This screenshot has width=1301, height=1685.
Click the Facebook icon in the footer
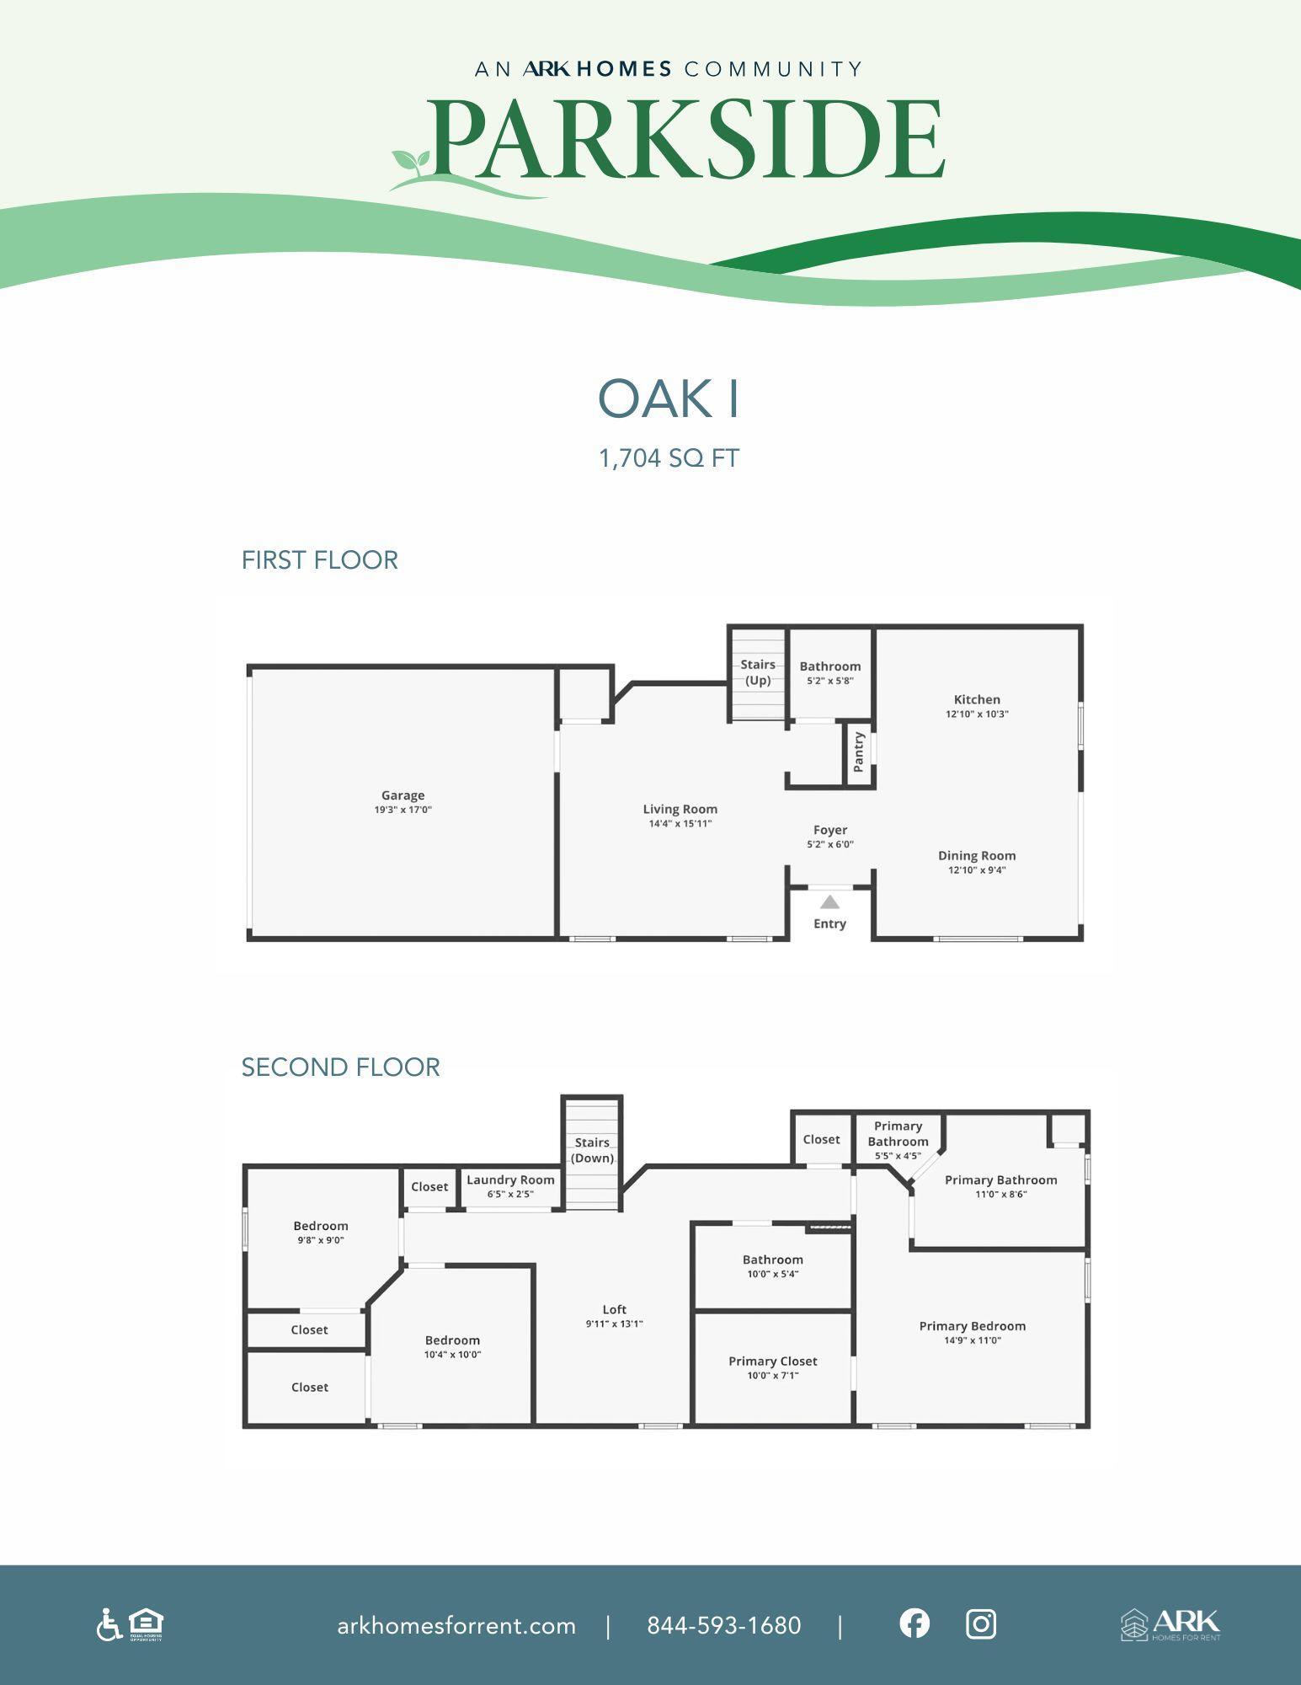tap(914, 1623)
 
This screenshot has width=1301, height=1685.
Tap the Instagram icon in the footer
tap(980, 1623)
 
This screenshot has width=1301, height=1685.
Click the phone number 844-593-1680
tap(723, 1625)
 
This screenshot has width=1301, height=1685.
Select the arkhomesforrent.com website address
tap(456, 1625)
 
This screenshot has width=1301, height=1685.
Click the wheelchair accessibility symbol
tap(108, 1624)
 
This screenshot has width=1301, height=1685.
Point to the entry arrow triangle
tap(829, 902)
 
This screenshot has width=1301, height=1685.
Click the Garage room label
tap(403, 795)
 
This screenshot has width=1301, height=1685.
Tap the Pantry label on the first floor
tap(859, 752)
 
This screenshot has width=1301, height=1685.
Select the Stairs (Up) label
tap(758, 672)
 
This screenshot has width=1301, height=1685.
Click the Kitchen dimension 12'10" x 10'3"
tap(977, 714)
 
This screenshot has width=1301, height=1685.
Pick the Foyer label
tap(829, 830)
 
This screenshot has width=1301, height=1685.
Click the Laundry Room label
tap(510, 1179)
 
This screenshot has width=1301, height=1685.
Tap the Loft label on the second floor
tap(614, 1309)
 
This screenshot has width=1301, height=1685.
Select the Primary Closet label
tap(772, 1361)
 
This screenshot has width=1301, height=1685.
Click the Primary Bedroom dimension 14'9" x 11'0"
tap(973, 1340)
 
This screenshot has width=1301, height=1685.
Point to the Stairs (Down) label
tap(592, 1150)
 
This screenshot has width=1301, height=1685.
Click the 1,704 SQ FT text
tap(669, 458)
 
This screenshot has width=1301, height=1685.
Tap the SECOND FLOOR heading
tap(340, 1067)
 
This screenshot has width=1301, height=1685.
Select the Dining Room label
tap(977, 855)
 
